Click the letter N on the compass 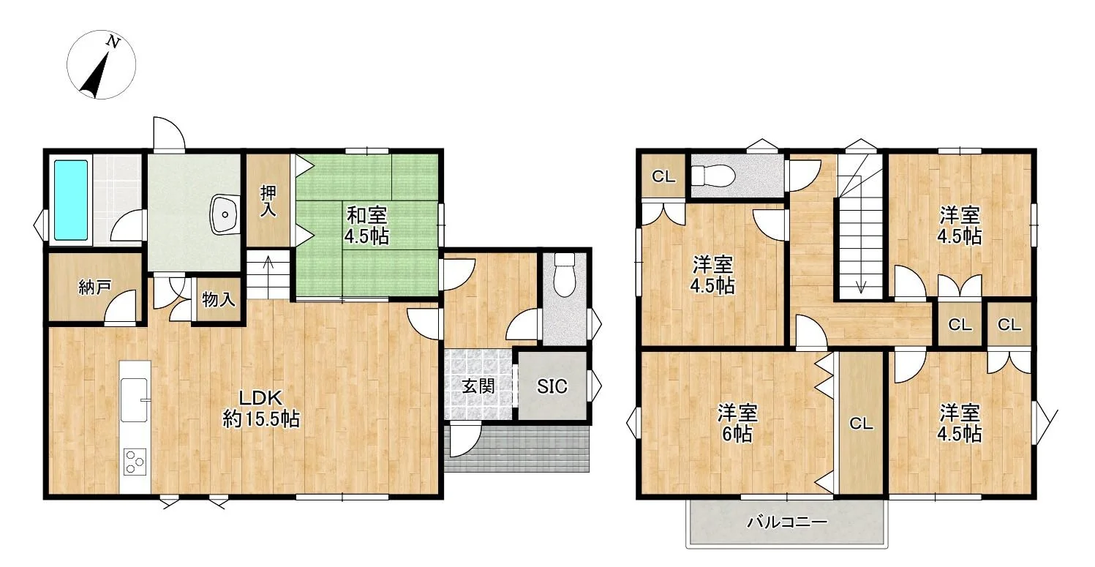pos(113,42)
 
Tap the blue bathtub pos(71,200)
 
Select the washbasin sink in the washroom pos(225,214)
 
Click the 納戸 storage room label pos(95,288)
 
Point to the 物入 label pos(218,299)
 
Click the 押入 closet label pos(268,200)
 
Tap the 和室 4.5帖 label pos(366,226)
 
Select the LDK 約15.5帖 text pos(261,408)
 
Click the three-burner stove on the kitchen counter pos(135,461)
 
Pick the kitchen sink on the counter pos(135,399)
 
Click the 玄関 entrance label pos(478,386)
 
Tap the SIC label pos(552,386)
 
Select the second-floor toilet pos(712,176)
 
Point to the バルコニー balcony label pos(787,522)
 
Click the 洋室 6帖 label pos(737,424)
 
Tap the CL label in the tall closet pos(861,424)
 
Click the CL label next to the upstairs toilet pos(663,176)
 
